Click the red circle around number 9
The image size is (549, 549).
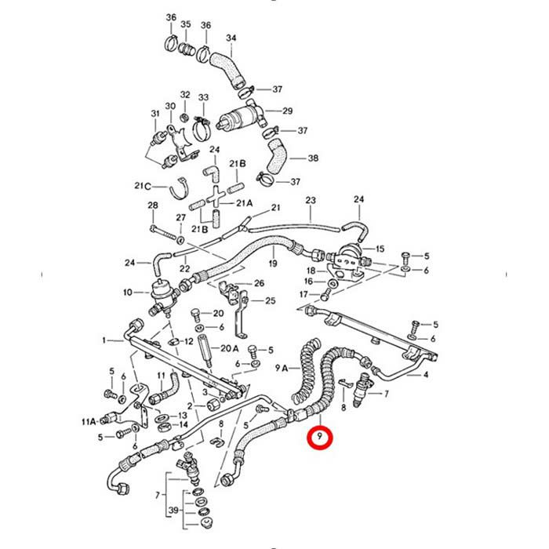pos(319,437)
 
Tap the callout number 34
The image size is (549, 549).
pos(231,38)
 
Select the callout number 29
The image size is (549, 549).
pos(288,111)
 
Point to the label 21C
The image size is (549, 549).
pos(143,186)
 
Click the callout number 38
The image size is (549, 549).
pos(313,158)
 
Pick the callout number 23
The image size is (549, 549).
pos(311,200)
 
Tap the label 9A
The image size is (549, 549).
pos(281,368)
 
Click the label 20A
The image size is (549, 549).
pos(229,348)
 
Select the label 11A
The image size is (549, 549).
pos(89,422)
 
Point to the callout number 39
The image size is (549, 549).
pos(173,510)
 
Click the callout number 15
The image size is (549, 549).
pos(380,249)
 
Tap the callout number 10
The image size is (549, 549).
pos(128,292)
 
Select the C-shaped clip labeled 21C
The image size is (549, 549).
pos(180,188)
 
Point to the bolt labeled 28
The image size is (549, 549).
pos(163,233)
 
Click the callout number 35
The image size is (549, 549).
pos(186,24)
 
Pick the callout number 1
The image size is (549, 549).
pos(104,340)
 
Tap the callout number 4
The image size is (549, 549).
pos(426,375)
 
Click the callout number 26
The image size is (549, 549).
pos(259,283)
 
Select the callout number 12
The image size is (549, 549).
pos(189,341)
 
